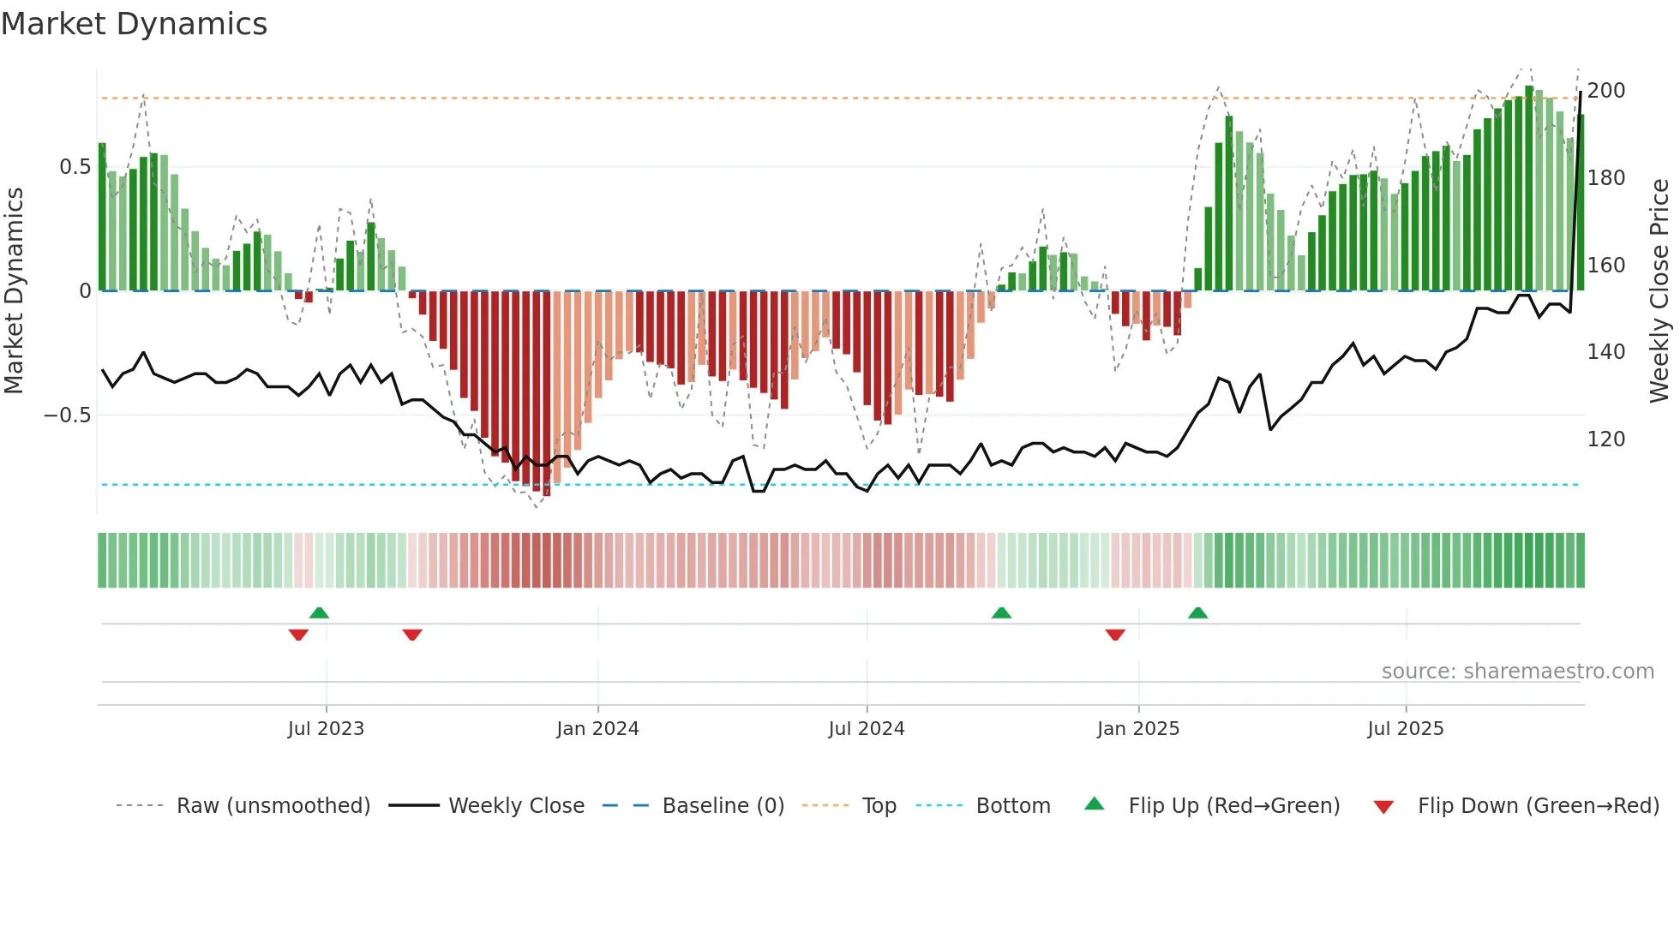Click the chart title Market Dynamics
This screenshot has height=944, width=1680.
point(135,24)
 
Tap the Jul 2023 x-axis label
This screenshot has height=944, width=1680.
point(326,729)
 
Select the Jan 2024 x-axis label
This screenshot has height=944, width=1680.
point(597,729)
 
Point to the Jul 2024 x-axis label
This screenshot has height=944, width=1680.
point(867,729)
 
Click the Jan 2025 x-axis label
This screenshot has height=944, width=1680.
point(1138,729)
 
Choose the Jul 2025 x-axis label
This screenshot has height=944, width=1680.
point(1406,729)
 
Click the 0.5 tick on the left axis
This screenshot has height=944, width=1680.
point(75,167)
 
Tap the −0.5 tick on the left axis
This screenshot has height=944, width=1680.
point(68,415)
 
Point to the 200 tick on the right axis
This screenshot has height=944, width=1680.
point(1605,91)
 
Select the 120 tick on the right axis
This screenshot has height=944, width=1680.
point(1605,439)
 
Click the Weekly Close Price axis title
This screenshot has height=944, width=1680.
point(1659,291)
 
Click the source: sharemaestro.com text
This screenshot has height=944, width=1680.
point(1517,672)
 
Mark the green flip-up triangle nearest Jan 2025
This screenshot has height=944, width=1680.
point(1197,613)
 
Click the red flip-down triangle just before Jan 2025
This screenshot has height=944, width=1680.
point(1115,635)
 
